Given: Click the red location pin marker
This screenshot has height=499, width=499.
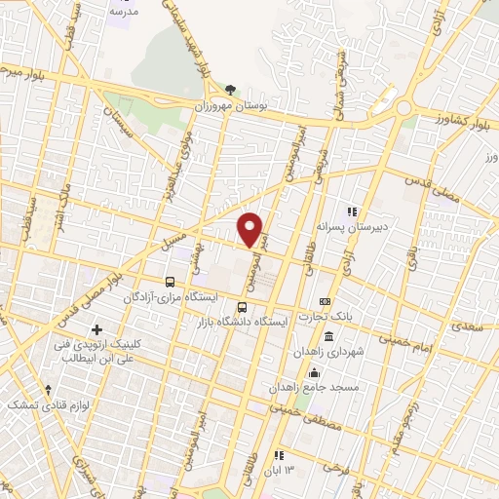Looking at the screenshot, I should pos(251,229).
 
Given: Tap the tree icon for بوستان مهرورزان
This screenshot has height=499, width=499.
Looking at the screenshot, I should pos(231,89).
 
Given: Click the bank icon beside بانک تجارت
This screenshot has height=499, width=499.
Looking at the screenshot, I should pos(325,301).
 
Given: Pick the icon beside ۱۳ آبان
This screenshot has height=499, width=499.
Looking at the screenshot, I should pos(280,455).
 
